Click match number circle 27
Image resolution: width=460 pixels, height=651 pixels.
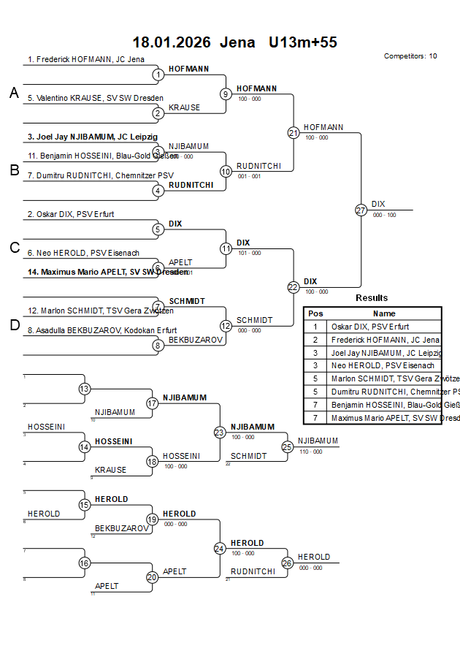[361, 210]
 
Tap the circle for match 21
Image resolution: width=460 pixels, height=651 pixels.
[294, 132]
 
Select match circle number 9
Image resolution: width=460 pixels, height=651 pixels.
[226, 94]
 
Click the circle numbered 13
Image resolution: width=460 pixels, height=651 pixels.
[85, 389]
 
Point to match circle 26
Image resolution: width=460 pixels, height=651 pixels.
[288, 563]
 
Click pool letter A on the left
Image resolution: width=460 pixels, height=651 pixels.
[14, 93]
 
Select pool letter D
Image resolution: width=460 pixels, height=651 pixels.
[14, 325]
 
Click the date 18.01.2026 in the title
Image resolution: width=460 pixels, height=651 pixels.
[171, 42]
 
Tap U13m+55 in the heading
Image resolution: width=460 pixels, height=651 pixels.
[302, 42]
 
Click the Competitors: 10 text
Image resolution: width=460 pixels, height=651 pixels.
[410, 56]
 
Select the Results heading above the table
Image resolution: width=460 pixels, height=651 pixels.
[372, 298]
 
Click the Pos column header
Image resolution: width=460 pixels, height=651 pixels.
[315, 313]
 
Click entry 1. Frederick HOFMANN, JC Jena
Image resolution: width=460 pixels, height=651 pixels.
[86, 60]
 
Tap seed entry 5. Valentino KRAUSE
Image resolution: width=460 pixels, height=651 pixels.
[95, 98]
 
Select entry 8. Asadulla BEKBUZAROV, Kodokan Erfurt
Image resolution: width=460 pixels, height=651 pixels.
[102, 330]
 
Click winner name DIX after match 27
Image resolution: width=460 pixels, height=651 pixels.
[378, 205]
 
